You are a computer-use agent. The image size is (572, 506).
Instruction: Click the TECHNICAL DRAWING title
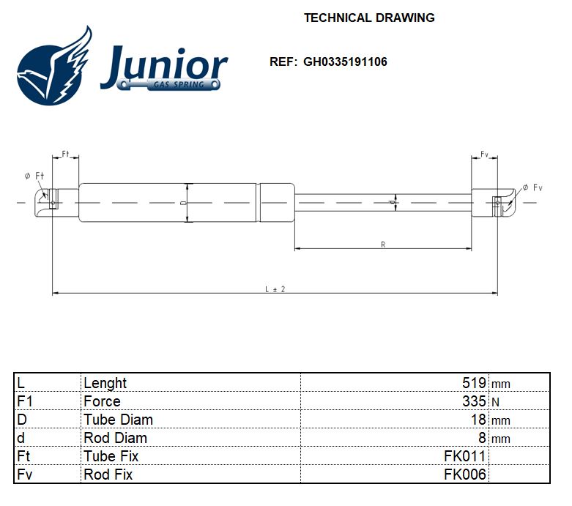click(369, 18)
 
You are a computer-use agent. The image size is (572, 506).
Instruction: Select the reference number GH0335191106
click(345, 62)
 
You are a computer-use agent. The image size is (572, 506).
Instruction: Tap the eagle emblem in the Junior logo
click(56, 67)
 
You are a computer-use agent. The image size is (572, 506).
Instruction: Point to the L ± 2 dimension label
click(275, 289)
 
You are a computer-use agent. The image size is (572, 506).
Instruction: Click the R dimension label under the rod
click(383, 245)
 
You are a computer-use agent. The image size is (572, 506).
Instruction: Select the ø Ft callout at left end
click(34, 176)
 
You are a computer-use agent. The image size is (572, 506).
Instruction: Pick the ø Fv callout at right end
click(532, 188)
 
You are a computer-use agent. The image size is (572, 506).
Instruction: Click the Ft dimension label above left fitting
click(65, 154)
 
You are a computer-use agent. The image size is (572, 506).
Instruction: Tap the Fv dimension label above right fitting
click(484, 155)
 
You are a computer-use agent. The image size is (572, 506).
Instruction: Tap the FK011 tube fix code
click(464, 456)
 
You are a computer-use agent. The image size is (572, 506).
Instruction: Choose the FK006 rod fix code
click(464, 475)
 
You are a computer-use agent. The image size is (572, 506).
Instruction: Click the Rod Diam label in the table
click(115, 438)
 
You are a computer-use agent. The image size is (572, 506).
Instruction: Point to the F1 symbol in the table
click(26, 401)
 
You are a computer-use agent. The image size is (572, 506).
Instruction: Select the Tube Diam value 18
click(478, 420)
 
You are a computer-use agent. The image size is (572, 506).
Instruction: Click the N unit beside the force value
click(495, 402)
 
